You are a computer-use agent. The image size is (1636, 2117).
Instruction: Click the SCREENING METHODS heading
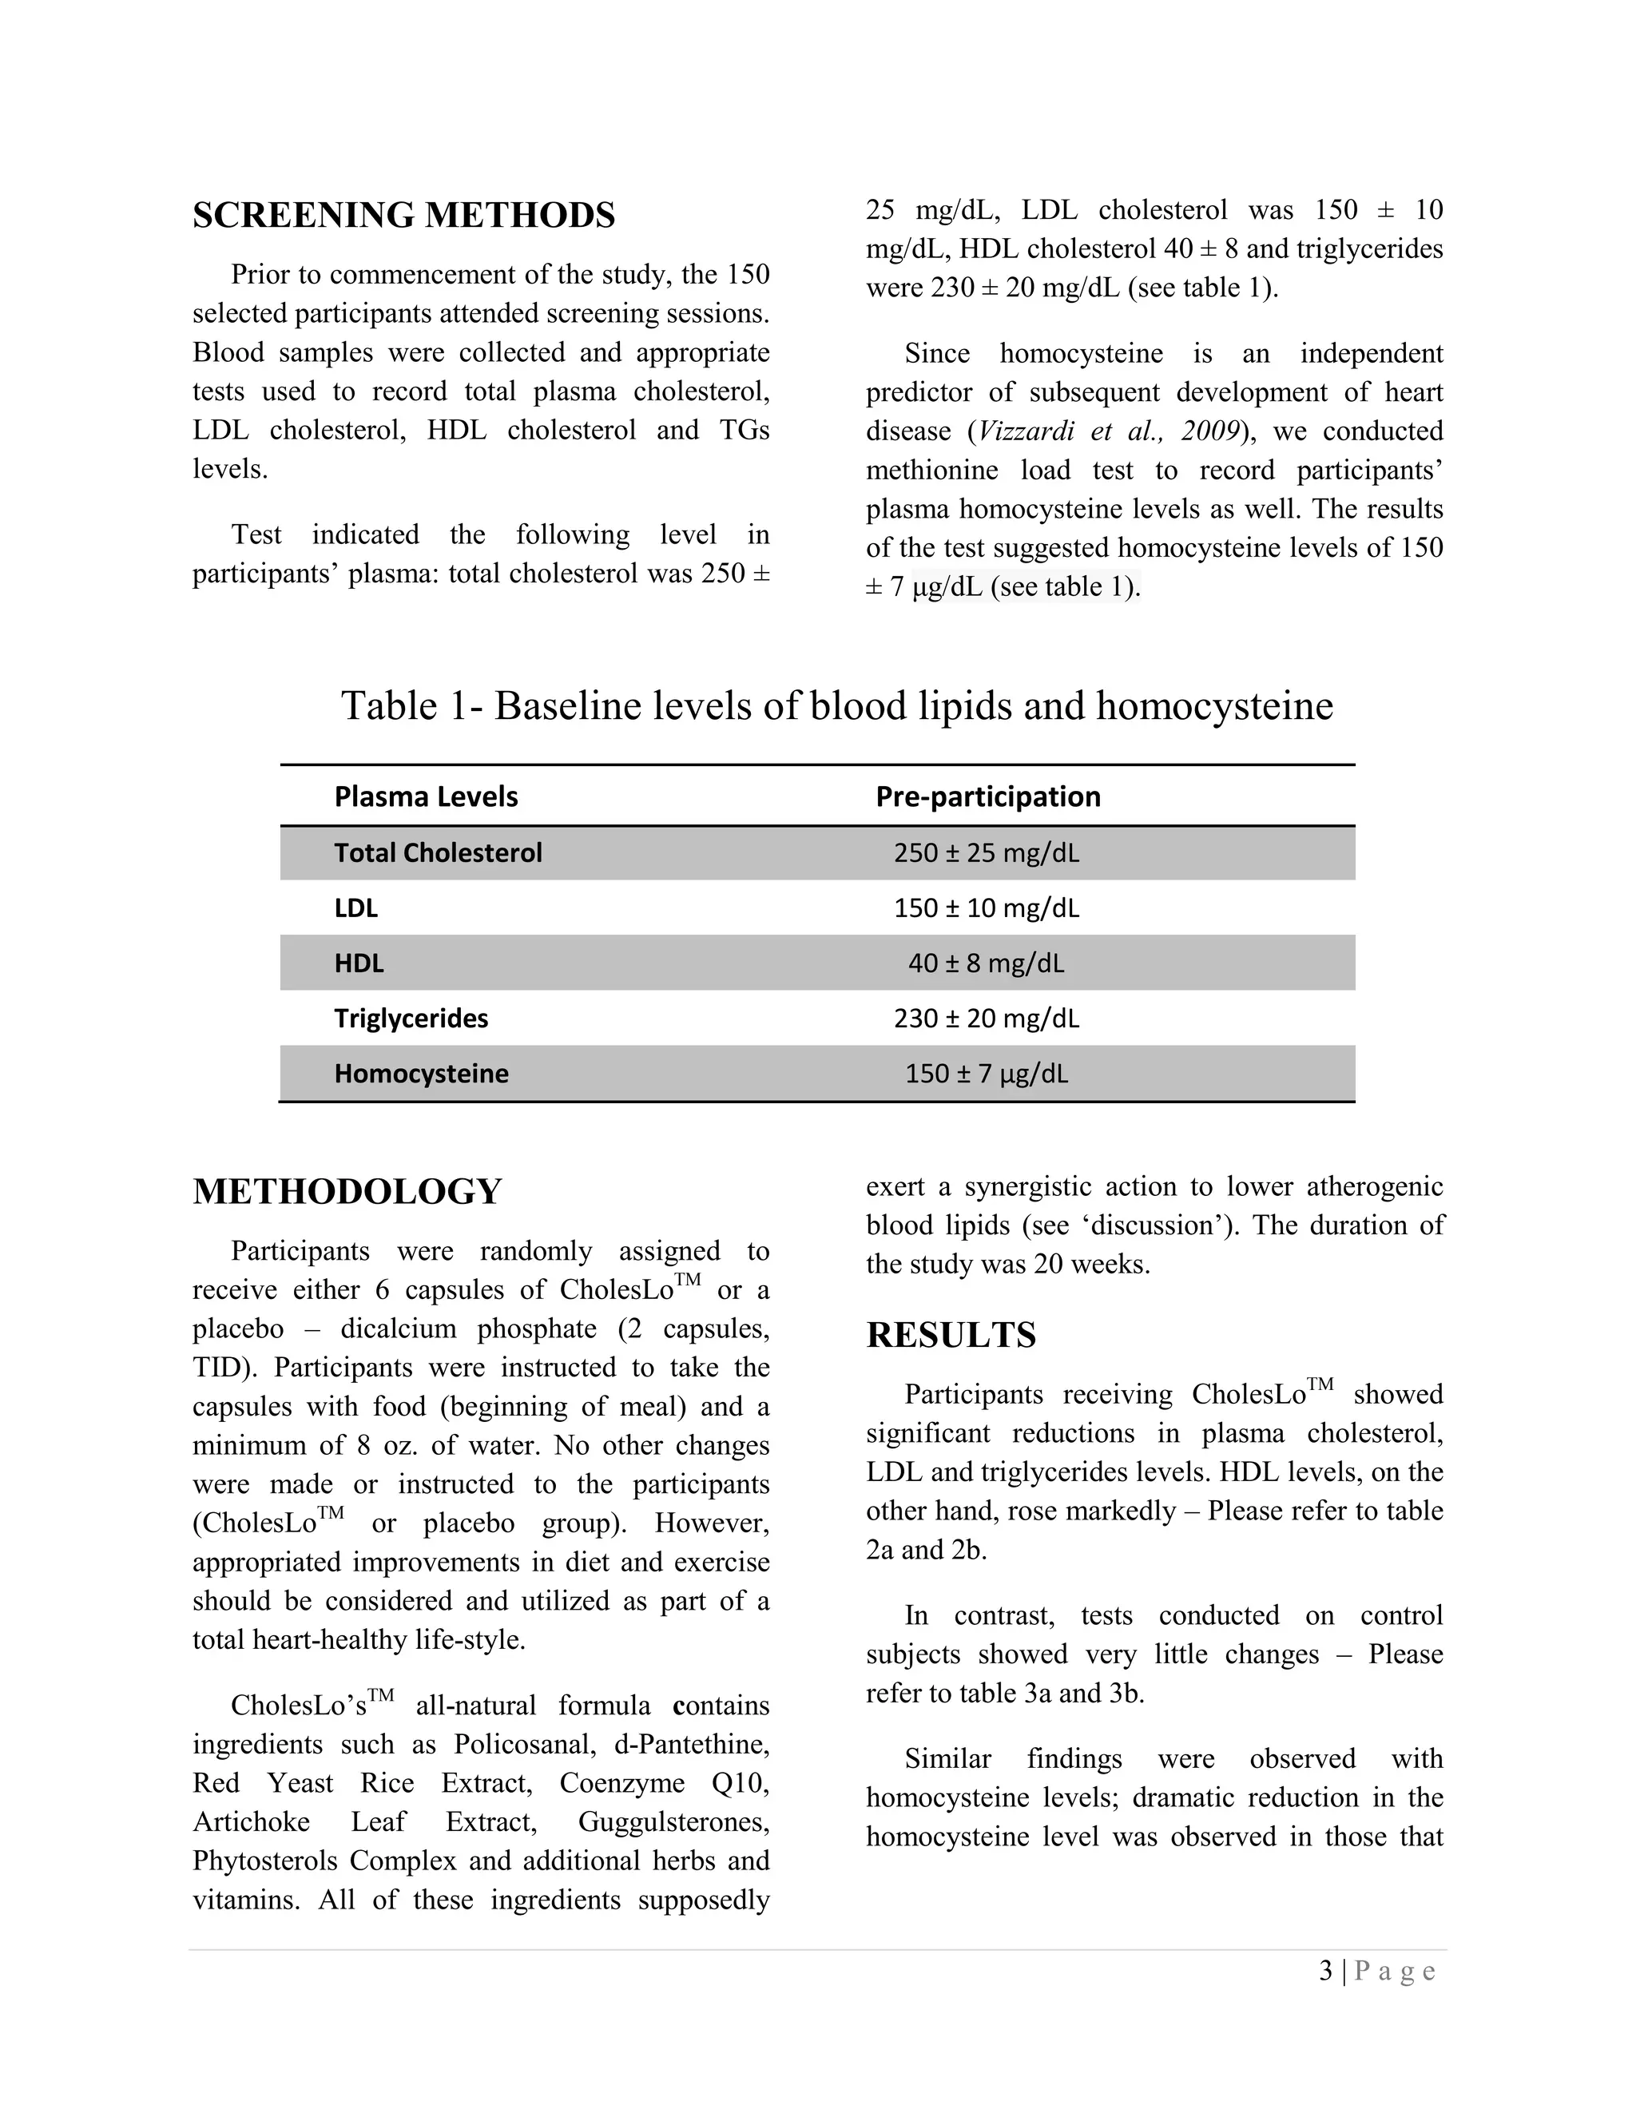point(403,215)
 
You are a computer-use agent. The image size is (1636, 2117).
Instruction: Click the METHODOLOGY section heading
point(347,1191)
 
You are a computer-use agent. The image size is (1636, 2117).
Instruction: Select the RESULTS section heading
point(951,1335)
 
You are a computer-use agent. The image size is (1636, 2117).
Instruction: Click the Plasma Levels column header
point(426,796)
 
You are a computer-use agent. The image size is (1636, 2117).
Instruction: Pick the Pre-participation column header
point(987,796)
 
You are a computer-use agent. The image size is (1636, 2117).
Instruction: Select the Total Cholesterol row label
point(438,853)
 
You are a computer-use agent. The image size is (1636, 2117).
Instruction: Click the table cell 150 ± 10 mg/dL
point(986,908)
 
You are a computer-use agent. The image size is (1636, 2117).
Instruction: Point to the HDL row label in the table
point(359,963)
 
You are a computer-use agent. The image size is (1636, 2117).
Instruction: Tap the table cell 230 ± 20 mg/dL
point(986,1019)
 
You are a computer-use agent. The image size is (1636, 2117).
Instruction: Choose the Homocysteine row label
point(421,1074)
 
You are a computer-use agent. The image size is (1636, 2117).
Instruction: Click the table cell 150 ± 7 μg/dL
point(986,1074)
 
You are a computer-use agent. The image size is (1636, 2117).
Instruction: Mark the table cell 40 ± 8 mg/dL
point(986,963)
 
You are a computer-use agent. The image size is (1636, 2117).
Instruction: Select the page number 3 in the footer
point(1325,1971)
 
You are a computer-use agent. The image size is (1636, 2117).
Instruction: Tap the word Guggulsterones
point(673,1822)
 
